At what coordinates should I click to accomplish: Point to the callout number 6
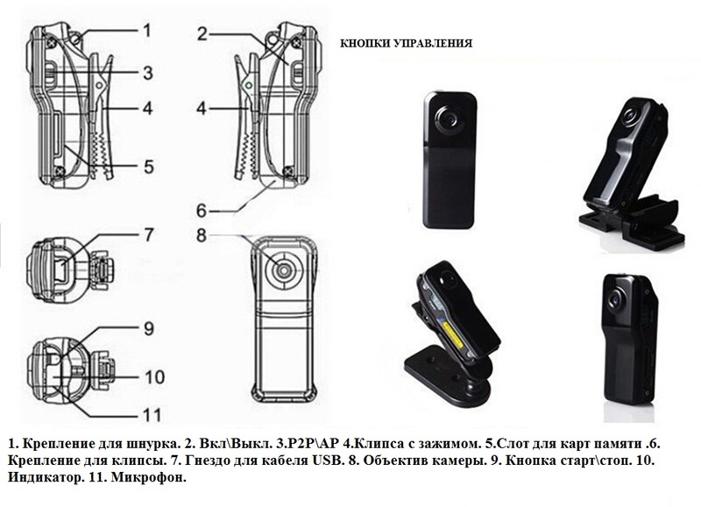coord(201,211)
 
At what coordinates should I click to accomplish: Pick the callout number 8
coord(201,235)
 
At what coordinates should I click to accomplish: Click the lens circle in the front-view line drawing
coord(282,268)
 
